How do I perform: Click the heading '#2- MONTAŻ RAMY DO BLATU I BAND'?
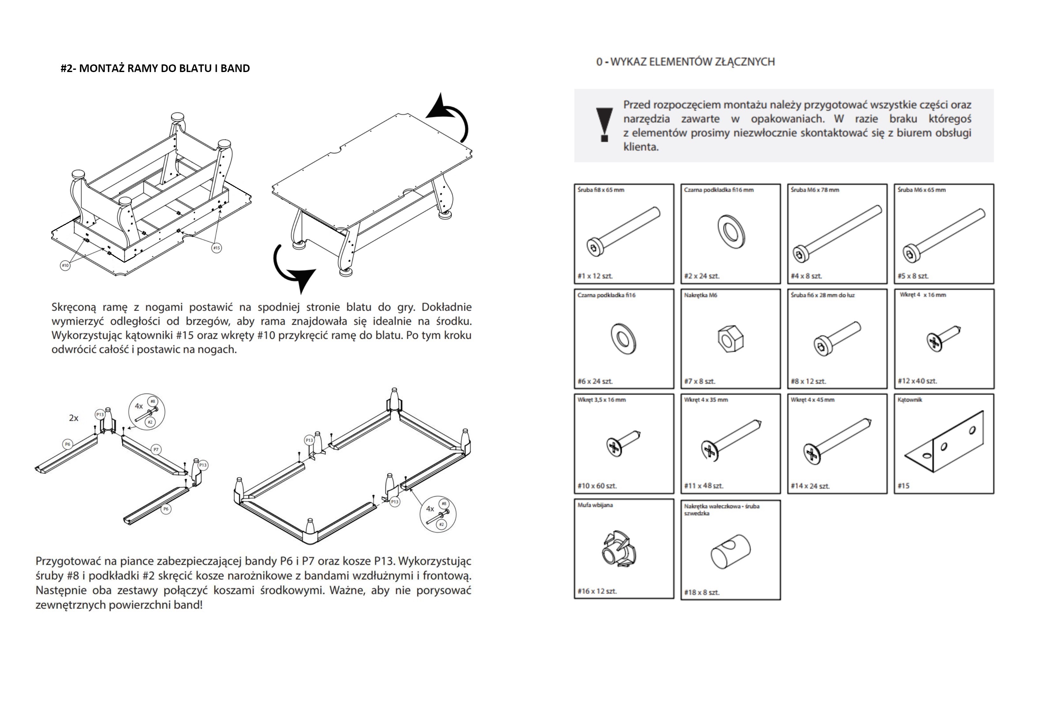point(155,69)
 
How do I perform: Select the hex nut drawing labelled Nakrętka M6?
point(730,339)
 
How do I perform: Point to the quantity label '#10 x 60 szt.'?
point(597,486)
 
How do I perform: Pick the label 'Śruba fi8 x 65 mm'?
point(601,190)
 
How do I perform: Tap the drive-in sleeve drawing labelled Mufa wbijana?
point(619,549)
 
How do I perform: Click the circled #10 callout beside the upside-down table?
point(65,265)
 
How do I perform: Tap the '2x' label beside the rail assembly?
point(73,418)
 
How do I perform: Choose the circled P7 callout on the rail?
point(156,450)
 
